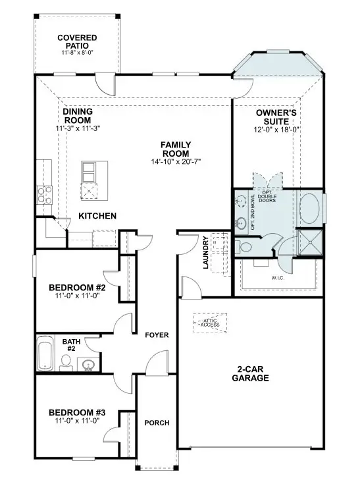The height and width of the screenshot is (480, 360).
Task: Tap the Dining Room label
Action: click(x=77, y=116)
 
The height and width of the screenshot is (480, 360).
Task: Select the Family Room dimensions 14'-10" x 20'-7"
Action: click(x=176, y=160)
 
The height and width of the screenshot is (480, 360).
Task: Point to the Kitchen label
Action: click(x=97, y=216)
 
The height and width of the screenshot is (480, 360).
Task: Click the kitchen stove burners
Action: click(x=44, y=193)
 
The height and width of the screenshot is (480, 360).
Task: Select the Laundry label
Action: click(x=206, y=253)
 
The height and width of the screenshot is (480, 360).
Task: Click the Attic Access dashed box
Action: click(x=209, y=321)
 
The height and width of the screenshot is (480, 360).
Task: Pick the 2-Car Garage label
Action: click(x=250, y=373)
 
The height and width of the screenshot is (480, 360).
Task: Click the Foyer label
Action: click(x=157, y=336)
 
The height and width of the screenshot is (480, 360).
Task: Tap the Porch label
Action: click(x=157, y=422)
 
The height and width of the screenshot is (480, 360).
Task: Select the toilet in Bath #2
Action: click(x=66, y=361)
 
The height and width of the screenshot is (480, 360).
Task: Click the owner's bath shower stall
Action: click(x=308, y=242)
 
